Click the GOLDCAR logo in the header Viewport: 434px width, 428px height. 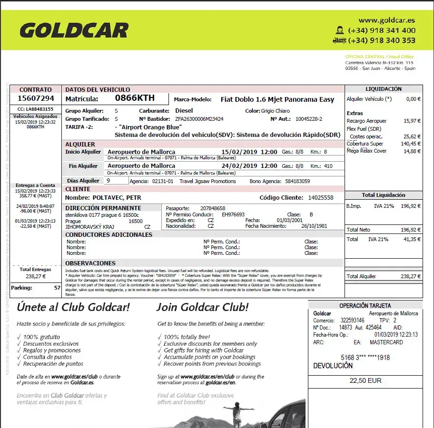(74, 31)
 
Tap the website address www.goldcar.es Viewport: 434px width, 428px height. (386, 20)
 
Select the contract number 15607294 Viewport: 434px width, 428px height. (36, 98)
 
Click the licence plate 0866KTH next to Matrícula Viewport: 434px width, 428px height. (135, 98)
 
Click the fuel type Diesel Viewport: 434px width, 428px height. (184, 111)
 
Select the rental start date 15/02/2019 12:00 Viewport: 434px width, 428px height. (255, 152)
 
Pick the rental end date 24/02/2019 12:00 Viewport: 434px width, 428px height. (255, 166)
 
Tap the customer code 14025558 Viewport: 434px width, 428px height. (321, 198)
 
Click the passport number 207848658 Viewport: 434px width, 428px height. (213, 208)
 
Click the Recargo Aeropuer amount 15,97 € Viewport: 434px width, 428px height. (412, 121)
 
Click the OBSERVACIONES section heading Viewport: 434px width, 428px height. (90, 263)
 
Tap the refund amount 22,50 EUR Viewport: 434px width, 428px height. (365, 381)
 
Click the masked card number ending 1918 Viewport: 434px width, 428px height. (365, 357)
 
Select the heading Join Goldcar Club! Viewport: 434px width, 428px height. (202, 307)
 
